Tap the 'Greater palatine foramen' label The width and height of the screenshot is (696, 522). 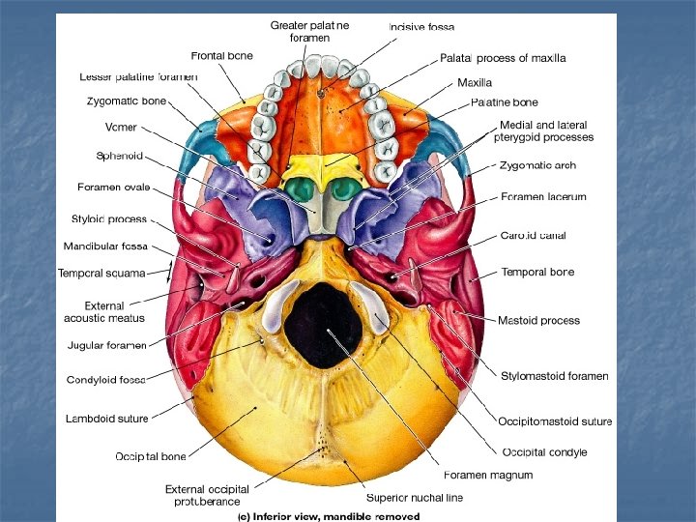[x=310, y=31]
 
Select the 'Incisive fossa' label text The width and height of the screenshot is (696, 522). [x=421, y=27]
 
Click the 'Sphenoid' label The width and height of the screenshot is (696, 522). [x=119, y=155]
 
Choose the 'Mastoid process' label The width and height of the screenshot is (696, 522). [x=539, y=320]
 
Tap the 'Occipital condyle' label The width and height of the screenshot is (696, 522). [x=544, y=451]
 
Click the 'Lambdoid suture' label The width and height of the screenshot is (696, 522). [x=105, y=419]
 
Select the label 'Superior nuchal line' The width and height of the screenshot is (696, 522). [x=414, y=498]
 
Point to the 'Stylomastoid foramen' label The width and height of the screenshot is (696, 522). [x=554, y=376]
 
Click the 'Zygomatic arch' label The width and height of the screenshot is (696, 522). [x=536, y=165]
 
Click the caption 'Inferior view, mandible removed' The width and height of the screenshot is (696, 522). [x=330, y=516]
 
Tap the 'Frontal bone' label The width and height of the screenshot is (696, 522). [x=222, y=55]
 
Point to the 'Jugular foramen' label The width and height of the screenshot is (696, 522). [x=106, y=345]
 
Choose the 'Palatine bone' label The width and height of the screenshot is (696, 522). [x=504, y=101]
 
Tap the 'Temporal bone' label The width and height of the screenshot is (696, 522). [x=537, y=272]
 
